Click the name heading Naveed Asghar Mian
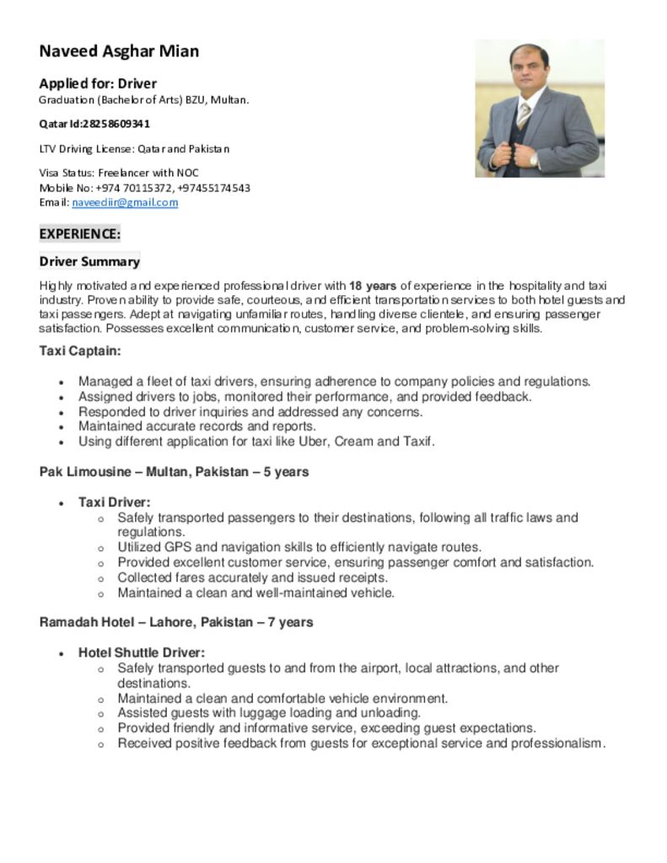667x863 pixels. point(119,51)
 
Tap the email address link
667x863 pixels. point(125,203)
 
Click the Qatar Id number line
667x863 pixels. point(94,124)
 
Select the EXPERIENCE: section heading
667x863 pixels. point(80,233)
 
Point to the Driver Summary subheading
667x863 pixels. point(89,261)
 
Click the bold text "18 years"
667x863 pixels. point(373,286)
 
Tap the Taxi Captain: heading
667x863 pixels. point(80,351)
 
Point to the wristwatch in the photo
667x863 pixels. point(533,158)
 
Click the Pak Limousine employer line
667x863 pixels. point(174,472)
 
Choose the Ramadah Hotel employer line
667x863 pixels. point(176,622)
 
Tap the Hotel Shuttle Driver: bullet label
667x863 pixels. point(142,652)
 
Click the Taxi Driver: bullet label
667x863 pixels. point(115,502)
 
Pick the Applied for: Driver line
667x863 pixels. point(98,83)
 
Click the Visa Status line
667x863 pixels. point(119,173)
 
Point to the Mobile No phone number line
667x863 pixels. point(144,188)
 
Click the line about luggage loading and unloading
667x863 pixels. point(269,713)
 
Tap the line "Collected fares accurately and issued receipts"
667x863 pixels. point(252,577)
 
